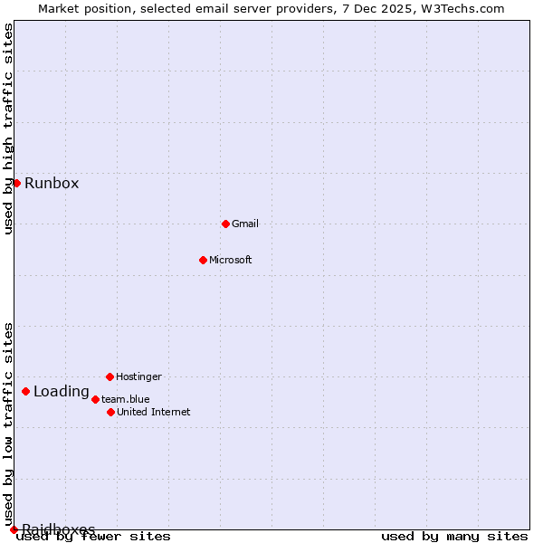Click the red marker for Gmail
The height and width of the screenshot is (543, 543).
225,224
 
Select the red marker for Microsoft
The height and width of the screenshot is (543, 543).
203,260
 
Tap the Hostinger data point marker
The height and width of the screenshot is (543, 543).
110,376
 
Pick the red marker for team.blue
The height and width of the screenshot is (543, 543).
95,399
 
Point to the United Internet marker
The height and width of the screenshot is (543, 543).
110,412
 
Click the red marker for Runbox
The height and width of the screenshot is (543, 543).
16,183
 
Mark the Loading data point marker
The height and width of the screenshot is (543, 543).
25,392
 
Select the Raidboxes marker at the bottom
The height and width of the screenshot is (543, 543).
14,529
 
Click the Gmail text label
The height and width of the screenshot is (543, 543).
245,224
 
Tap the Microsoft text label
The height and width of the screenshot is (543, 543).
231,260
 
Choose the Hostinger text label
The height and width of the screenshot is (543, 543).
138,376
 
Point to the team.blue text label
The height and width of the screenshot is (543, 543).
126,399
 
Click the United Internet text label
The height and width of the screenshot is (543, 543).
154,412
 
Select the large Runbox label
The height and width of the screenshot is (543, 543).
52,184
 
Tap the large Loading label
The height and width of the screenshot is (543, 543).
62,392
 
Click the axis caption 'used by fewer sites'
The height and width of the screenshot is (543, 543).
94,537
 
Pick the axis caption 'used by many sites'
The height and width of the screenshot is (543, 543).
454,537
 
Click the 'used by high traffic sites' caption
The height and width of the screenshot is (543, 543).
8,129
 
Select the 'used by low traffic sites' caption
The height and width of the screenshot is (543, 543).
8,424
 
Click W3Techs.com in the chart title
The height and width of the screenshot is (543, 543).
461,8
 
